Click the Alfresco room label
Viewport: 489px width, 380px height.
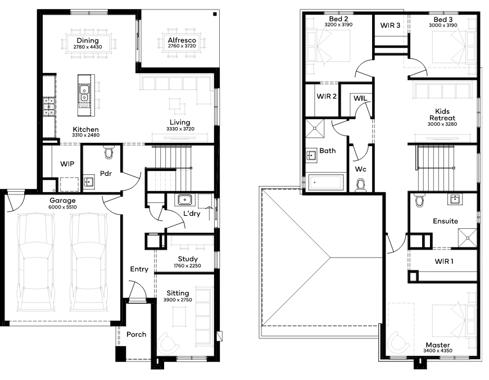coord(182,40)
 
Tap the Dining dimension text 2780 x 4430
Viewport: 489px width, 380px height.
coord(88,47)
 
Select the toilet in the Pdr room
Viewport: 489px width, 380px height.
coord(109,152)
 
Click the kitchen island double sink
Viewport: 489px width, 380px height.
coord(84,94)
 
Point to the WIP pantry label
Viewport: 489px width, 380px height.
coord(67,164)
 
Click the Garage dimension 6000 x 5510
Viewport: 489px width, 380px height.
coord(63,207)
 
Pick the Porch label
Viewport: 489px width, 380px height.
coord(136,334)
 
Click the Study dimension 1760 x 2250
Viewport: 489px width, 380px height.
coord(187,266)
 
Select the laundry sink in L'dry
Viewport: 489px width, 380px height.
coord(185,200)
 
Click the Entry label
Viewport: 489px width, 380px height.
coord(139,269)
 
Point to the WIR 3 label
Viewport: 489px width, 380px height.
coord(390,25)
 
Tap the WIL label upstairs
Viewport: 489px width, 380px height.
coord(360,98)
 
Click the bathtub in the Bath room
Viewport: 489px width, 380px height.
coord(326,182)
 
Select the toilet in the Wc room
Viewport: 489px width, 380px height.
coord(361,184)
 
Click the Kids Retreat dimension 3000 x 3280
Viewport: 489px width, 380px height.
coord(442,124)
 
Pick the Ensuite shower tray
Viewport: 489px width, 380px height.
coord(467,238)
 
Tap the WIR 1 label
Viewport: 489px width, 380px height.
coord(444,261)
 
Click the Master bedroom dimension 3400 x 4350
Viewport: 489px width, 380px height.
coord(437,351)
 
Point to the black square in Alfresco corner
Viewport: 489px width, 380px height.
coord(215,14)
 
